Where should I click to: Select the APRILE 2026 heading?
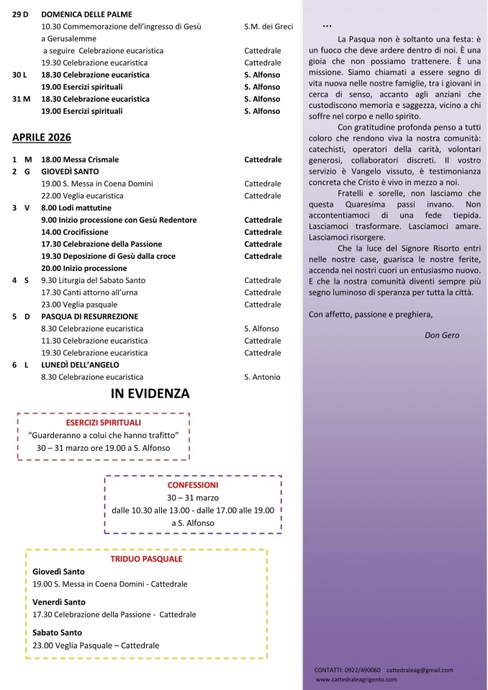[x=42, y=137]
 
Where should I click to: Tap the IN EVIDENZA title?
[x=150, y=393]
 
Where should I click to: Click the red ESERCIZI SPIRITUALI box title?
[x=103, y=422]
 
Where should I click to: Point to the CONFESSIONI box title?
[x=193, y=485]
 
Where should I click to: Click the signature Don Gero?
[x=442, y=335]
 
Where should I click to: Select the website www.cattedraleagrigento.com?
[x=360, y=679]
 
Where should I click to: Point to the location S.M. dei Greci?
[x=268, y=27]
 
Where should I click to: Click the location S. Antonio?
[x=263, y=377]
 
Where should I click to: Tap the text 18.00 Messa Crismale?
[x=80, y=159]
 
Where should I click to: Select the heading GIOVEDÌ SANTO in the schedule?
[x=70, y=171]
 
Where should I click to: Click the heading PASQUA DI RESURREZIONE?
[x=90, y=316]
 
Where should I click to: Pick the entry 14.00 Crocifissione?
[x=75, y=232]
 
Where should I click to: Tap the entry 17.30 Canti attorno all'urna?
[x=89, y=292]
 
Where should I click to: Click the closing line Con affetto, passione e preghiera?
[x=371, y=314]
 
